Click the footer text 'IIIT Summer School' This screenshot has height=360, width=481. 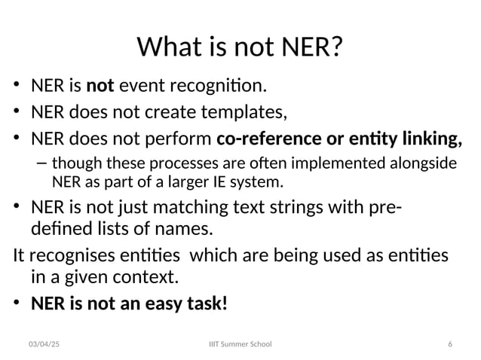(x=240, y=344)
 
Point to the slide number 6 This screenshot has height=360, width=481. (x=449, y=344)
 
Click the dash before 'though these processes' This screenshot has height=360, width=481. (x=40, y=163)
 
